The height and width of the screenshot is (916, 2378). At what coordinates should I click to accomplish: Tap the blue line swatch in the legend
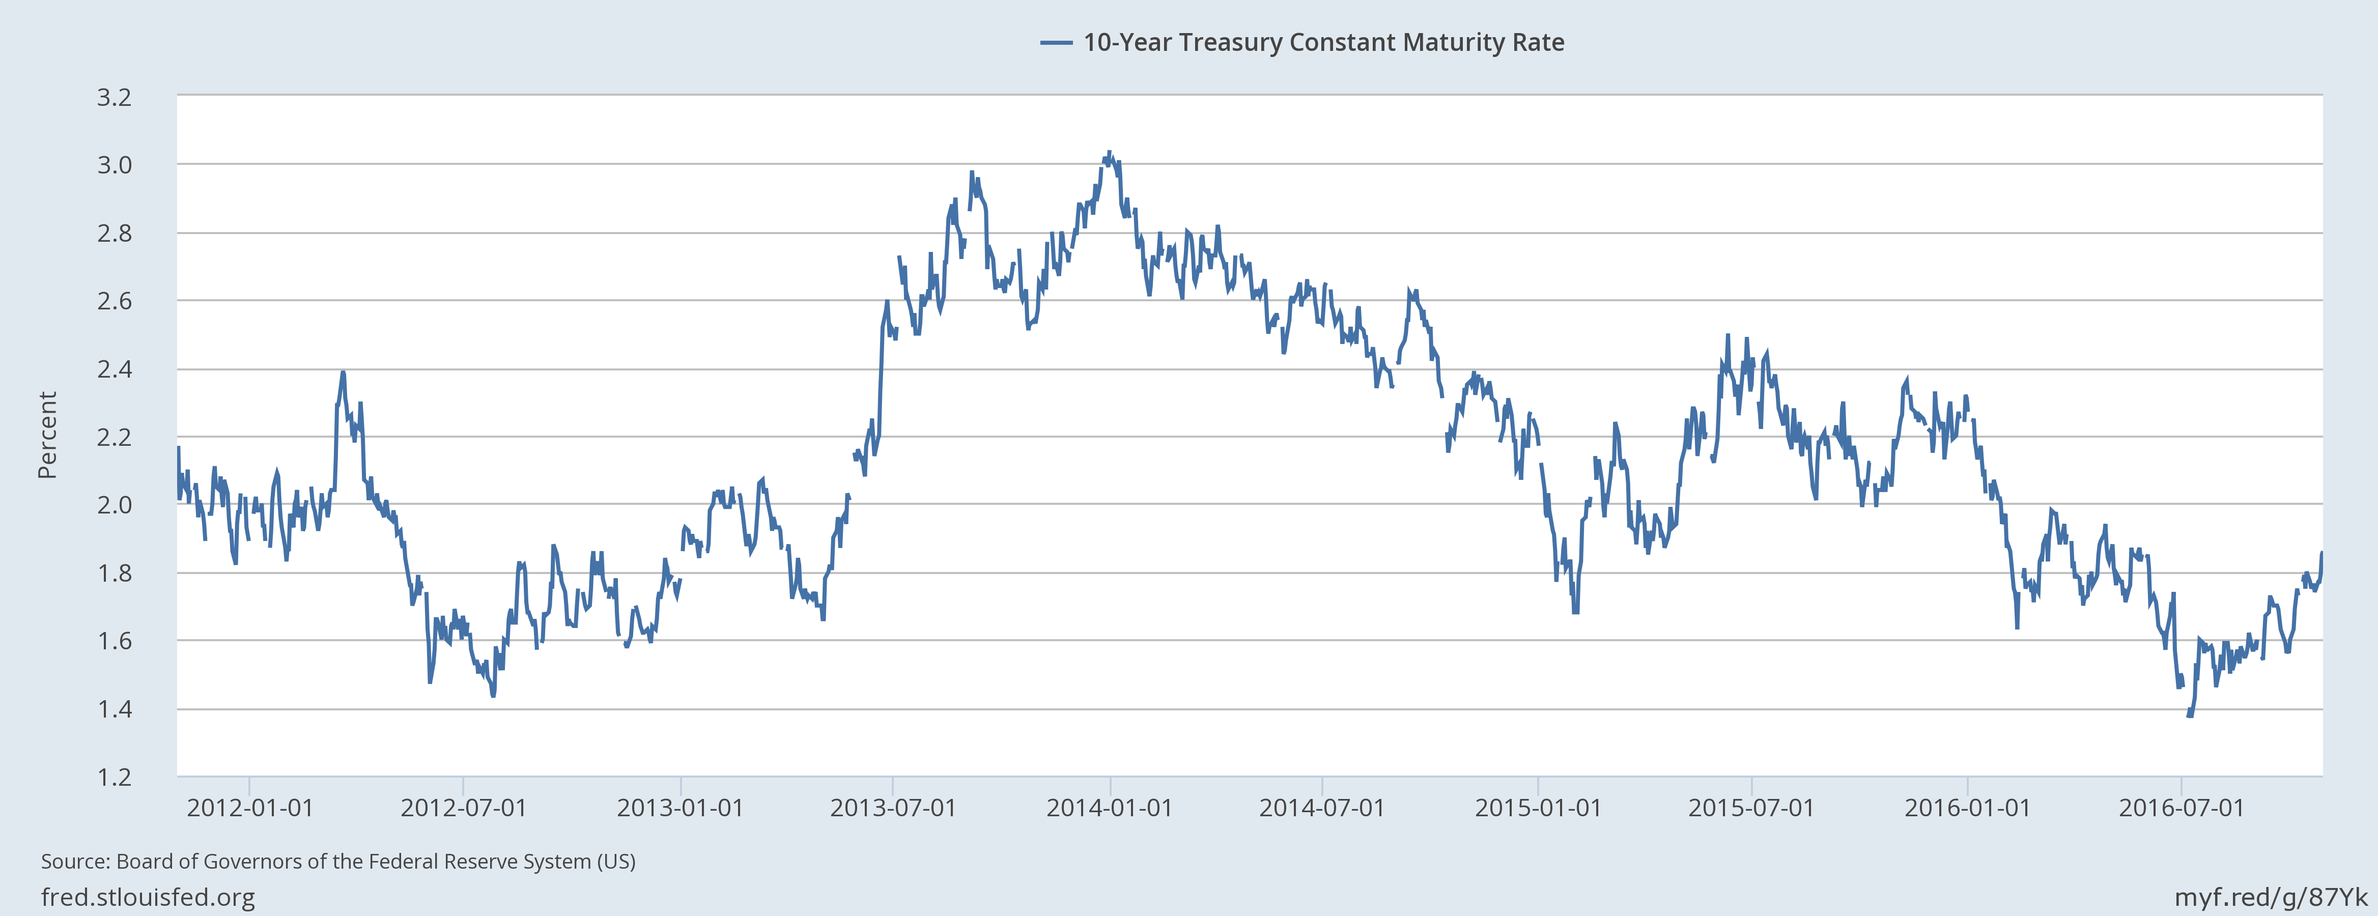(x=1056, y=42)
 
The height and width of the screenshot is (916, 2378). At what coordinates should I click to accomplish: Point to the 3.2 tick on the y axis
(x=115, y=97)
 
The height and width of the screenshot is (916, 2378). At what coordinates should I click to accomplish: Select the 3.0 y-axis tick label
(x=115, y=165)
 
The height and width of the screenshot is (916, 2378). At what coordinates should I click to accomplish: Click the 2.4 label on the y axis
(x=115, y=369)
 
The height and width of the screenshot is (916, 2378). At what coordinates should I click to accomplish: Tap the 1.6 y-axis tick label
(x=115, y=641)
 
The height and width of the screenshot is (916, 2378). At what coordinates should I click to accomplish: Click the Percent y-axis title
(x=47, y=435)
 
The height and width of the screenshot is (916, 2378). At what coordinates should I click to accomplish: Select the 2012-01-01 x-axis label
(x=250, y=808)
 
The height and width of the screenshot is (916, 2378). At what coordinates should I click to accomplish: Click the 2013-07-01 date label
(x=893, y=808)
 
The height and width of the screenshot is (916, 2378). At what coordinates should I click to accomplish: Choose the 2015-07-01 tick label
(x=1751, y=808)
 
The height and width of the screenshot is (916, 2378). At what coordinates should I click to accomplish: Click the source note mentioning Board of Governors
(x=338, y=862)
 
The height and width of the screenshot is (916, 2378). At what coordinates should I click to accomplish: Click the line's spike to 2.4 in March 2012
(x=343, y=373)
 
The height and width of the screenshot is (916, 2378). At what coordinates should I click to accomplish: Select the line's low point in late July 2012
(x=493, y=695)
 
